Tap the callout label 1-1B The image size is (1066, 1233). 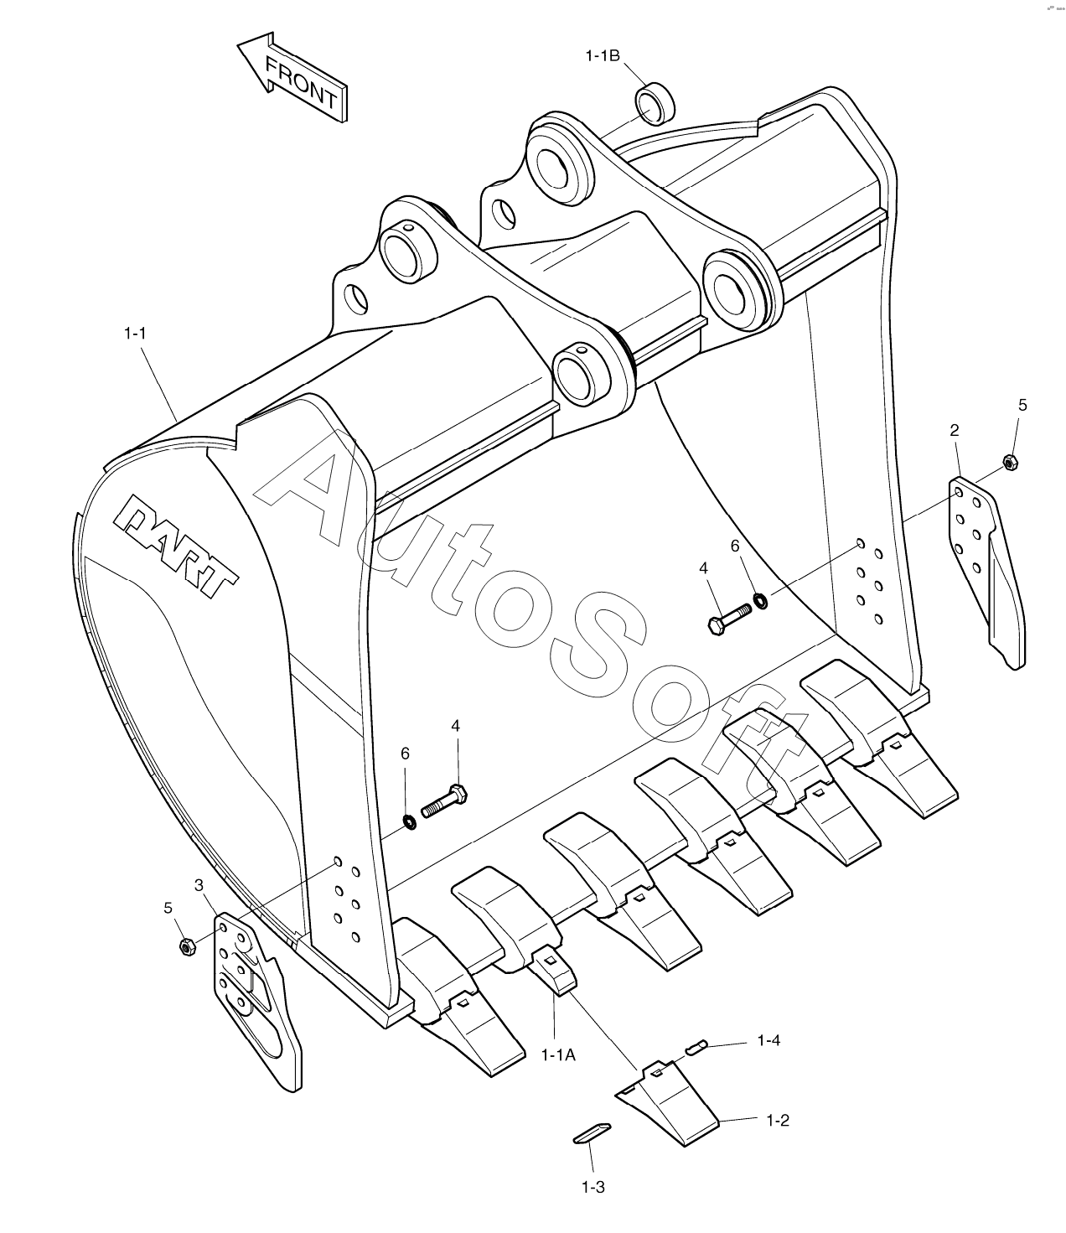pyautogui.click(x=603, y=56)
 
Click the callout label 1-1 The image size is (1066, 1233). pyautogui.click(x=135, y=334)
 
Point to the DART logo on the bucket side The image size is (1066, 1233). pyautogui.click(x=176, y=545)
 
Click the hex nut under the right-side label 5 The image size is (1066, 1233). pyautogui.click(x=1010, y=462)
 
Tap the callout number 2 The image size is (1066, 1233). pyautogui.click(x=955, y=430)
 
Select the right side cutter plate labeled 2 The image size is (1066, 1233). pyautogui.click(x=987, y=572)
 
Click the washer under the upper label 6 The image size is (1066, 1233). pyautogui.click(x=761, y=600)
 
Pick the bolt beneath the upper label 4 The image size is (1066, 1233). pyautogui.click(x=730, y=619)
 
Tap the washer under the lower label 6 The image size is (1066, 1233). pyautogui.click(x=410, y=822)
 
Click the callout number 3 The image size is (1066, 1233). pyautogui.click(x=199, y=884)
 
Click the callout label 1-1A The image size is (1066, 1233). pyautogui.click(x=558, y=1054)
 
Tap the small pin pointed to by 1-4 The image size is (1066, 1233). pyautogui.click(x=696, y=1047)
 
